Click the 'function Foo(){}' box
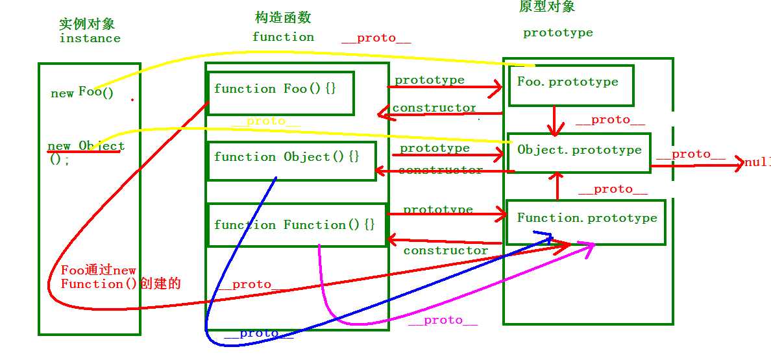click(280, 93)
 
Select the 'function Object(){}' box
click(291, 160)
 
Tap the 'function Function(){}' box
click(296, 224)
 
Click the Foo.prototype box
click(570, 85)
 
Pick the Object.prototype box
click(578, 153)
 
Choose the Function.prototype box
click(585, 222)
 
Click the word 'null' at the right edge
click(757, 162)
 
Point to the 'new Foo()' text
click(82, 92)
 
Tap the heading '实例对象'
click(86, 24)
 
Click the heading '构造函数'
click(284, 18)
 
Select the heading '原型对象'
click(546, 6)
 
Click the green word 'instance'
click(90, 38)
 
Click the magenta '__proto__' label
click(442, 320)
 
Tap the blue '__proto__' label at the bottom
click(258, 333)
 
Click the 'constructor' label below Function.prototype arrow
click(445, 250)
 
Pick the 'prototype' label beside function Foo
click(429, 80)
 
